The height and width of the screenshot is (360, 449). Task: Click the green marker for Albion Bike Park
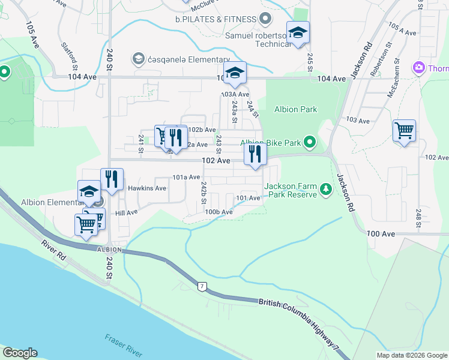pos(310,142)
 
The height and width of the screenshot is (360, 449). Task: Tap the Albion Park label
pos(295,109)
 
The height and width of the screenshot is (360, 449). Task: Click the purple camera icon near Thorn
pos(418,68)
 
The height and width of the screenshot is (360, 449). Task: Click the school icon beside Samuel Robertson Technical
pos(297,34)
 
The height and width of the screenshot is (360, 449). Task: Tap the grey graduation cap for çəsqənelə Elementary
pos(139,59)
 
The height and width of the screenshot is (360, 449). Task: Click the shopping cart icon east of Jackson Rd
pos(404,130)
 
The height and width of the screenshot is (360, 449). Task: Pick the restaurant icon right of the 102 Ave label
pos(255,155)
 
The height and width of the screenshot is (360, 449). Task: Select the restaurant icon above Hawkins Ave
pos(112,179)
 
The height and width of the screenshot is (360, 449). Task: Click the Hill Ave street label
pos(127,212)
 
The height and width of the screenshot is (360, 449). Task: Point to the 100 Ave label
pos(382,233)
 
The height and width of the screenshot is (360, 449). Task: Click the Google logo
pos(20,353)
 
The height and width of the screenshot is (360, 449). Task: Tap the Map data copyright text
pos(411,355)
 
